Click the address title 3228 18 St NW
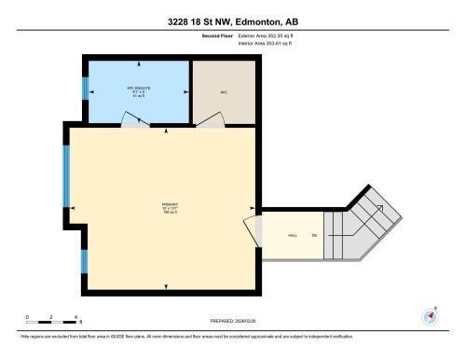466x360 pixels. [x=233, y=21]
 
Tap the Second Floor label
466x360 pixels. [x=216, y=36]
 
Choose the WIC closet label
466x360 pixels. [x=224, y=90]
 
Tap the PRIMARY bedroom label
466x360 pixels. [x=169, y=210]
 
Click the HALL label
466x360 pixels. [x=292, y=234]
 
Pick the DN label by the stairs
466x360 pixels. [x=315, y=234]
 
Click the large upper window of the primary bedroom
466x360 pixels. [x=67, y=177]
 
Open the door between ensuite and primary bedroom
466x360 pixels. [x=135, y=124]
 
